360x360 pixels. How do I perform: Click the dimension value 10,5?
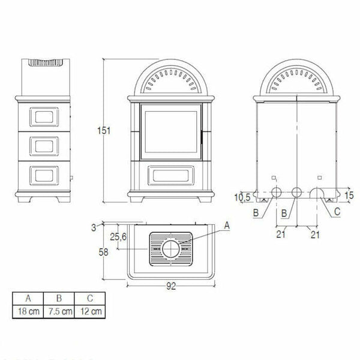click(x=241, y=196)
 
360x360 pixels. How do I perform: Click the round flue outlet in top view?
click(x=170, y=248)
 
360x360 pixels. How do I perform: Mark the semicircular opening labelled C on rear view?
click(x=317, y=193)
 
